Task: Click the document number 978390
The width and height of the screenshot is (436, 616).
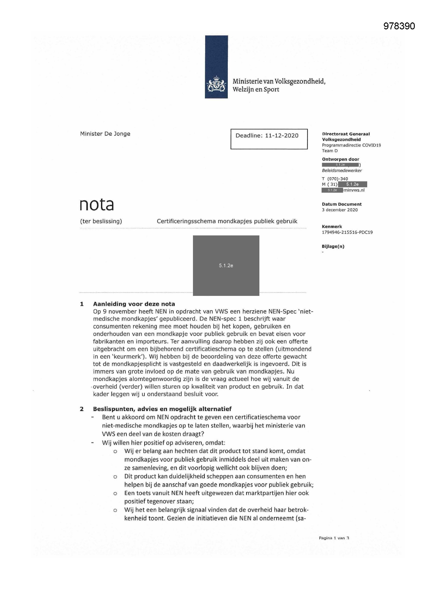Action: coord(399,26)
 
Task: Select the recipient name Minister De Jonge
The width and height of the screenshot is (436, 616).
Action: coord(105,134)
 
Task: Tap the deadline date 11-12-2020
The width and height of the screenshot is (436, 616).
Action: coord(282,135)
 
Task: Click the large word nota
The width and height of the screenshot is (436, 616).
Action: coord(97,205)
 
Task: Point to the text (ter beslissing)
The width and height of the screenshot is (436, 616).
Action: coord(101,221)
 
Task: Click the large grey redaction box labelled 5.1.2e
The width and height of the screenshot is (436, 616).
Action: coord(226,265)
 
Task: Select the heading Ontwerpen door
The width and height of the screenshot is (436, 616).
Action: coord(340,159)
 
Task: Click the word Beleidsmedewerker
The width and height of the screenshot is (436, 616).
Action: coord(342,170)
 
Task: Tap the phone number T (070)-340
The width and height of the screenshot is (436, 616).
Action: coord(335,179)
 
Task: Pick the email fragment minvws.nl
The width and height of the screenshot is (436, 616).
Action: coord(354,190)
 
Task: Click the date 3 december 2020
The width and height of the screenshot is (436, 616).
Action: coord(340,210)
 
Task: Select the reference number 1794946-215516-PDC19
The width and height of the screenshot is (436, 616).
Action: coord(347,232)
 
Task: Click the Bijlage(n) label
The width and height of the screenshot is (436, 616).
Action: coord(333,246)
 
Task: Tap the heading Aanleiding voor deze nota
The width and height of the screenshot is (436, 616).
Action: coord(134,304)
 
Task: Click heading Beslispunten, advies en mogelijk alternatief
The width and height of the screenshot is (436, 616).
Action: coord(162,409)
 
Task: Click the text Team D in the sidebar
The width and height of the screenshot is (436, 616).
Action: coord(330,151)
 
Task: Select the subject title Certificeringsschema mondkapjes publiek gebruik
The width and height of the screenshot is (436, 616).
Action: coord(227,221)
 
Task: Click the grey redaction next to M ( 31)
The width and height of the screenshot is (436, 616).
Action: coord(352,184)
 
